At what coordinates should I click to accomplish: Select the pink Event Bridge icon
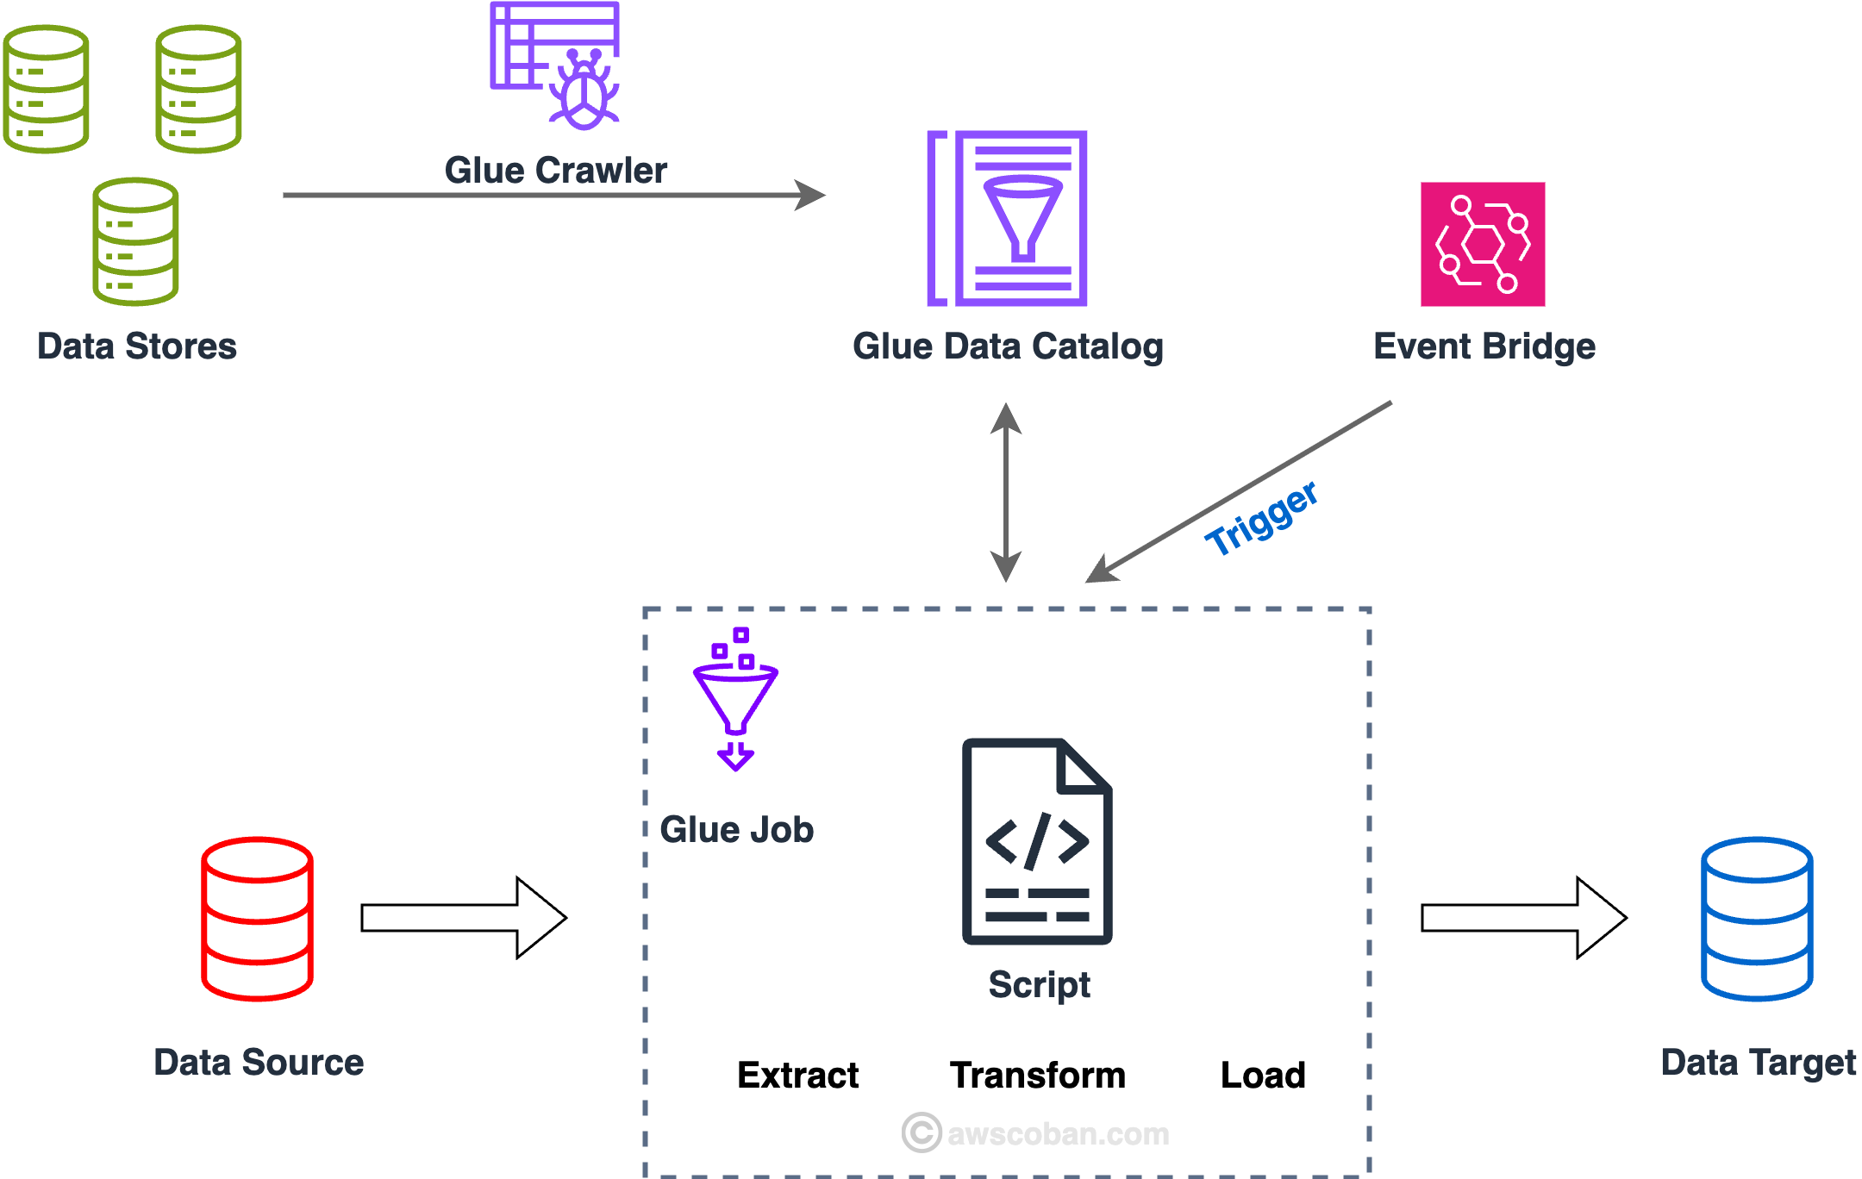(1483, 244)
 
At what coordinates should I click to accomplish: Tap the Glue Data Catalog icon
(1008, 218)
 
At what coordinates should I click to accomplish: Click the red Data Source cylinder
(257, 919)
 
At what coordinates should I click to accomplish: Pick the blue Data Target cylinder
(1757, 919)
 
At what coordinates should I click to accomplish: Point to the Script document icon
(1037, 841)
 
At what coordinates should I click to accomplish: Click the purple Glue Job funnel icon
(735, 699)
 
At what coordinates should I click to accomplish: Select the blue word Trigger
(1261, 520)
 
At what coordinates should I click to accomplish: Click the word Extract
(797, 1075)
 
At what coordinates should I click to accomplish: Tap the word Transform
(1038, 1075)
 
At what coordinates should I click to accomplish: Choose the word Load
(1263, 1075)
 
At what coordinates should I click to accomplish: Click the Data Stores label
(136, 346)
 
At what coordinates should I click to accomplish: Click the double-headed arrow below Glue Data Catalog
(1006, 492)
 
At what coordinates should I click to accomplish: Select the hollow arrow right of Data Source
(464, 918)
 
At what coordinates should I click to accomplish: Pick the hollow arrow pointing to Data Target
(1523, 918)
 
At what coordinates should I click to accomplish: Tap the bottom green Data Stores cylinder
(135, 241)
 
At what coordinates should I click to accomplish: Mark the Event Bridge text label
(1484, 346)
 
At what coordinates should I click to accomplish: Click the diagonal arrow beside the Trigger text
(1239, 491)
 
